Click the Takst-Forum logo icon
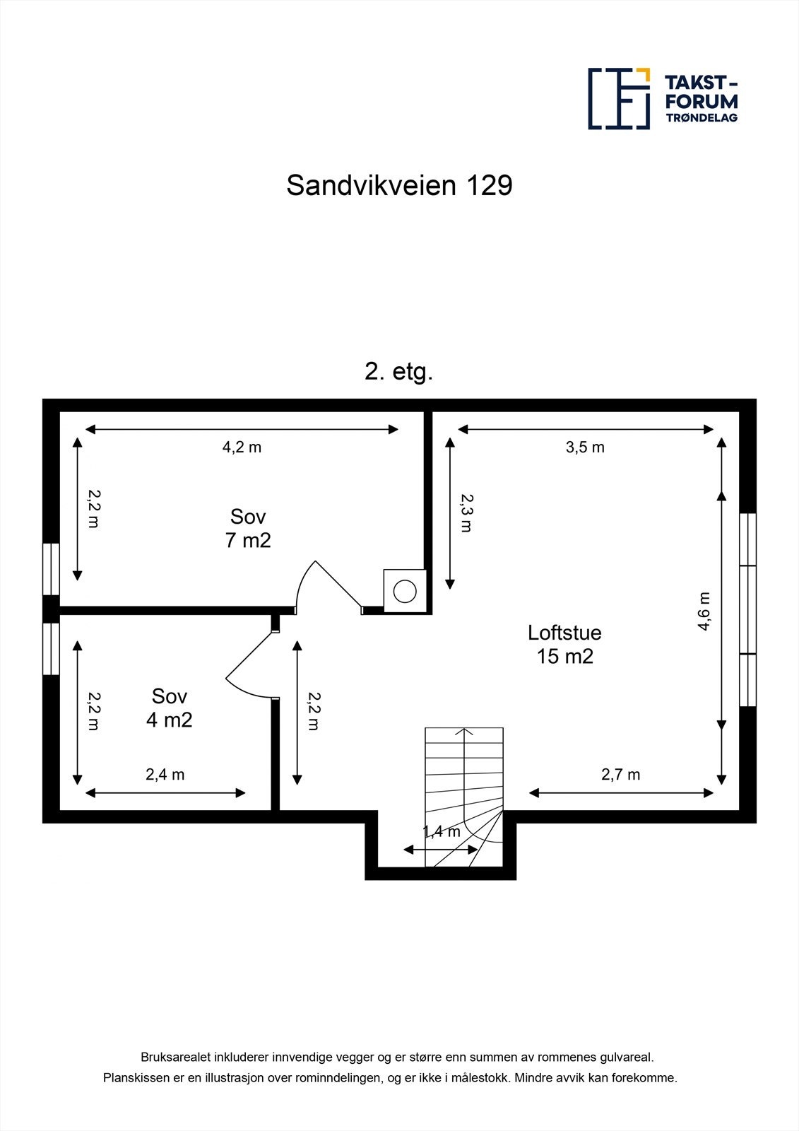[x=619, y=99]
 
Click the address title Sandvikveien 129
[x=399, y=186]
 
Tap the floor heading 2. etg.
[x=398, y=372]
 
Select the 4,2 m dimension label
[x=242, y=447]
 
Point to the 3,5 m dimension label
[x=585, y=447]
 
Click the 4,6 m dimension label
[x=704, y=611]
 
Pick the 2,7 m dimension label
[x=620, y=774]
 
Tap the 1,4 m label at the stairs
[x=442, y=831]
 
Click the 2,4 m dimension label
[x=165, y=774]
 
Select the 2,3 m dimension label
[x=466, y=513]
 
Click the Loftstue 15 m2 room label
[x=564, y=644]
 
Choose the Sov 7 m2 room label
[x=247, y=528]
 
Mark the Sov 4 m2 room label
[x=169, y=708]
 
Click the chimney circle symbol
[x=406, y=591]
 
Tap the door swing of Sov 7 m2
[x=325, y=584]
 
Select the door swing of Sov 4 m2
[x=247, y=664]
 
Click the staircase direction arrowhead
[x=464, y=731]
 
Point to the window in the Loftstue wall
[x=748, y=609]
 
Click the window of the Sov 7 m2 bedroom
[x=50, y=569]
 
